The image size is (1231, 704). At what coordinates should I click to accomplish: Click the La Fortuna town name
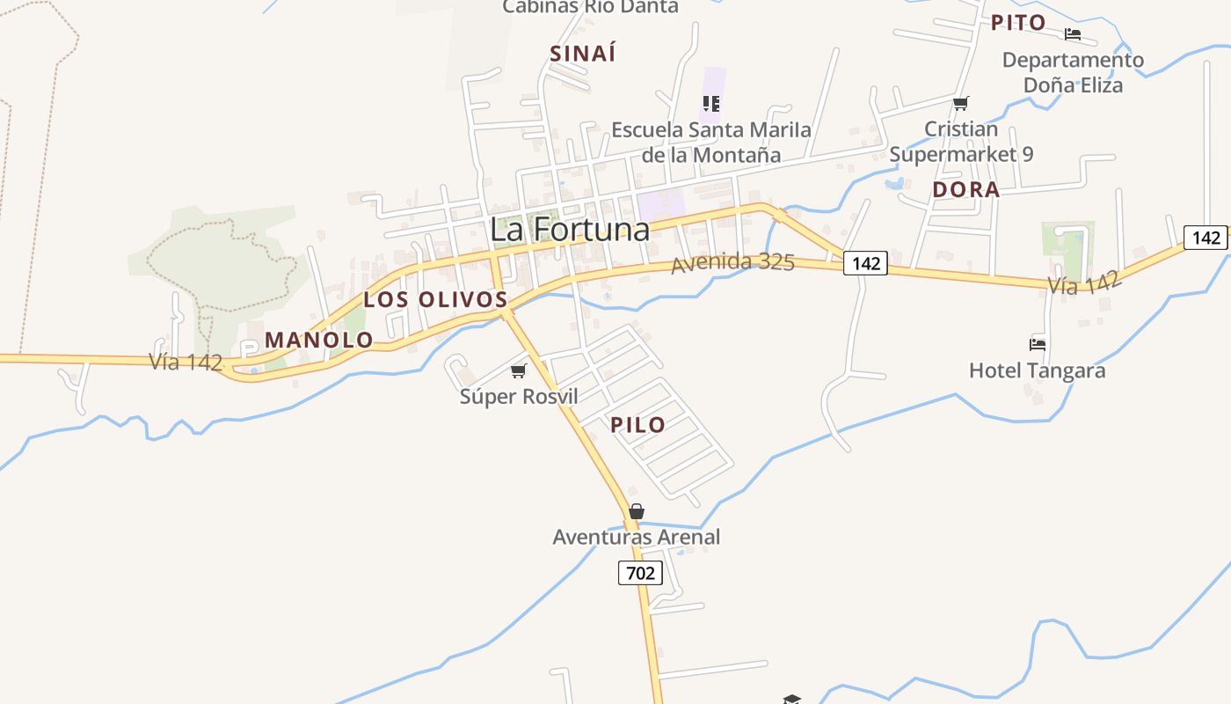coord(570,230)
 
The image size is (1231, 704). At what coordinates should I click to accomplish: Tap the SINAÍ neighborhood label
coord(583,54)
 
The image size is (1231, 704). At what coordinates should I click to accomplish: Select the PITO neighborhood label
coord(1018,23)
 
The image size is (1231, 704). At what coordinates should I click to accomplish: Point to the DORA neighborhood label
coord(966,189)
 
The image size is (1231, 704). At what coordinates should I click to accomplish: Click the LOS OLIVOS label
coord(436,299)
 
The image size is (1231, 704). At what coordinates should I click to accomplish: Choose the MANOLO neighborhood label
coord(319,340)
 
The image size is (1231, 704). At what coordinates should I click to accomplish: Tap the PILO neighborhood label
coord(637,425)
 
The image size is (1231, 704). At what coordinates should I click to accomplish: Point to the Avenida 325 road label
coord(732,262)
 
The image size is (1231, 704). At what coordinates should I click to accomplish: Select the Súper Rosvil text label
coord(519,397)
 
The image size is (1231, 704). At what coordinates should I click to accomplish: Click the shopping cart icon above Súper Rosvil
coord(518,371)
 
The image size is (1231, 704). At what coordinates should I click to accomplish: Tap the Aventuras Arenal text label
coord(636,537)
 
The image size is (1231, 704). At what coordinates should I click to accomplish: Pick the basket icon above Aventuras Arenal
coord(637,511)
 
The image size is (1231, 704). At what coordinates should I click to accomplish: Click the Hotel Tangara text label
coord(1037,370)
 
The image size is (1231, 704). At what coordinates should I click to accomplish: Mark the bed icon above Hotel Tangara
coord(1038,344)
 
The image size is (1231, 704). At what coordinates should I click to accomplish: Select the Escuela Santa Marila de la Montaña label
coord(711,143)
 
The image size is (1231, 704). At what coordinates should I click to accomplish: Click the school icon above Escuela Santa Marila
coord(711,104)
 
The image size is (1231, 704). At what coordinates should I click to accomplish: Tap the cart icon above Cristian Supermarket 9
coord(960,104)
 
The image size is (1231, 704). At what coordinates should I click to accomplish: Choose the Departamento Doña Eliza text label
coord(1073,73)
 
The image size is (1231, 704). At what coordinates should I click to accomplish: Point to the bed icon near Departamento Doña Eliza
coord(1073,34)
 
